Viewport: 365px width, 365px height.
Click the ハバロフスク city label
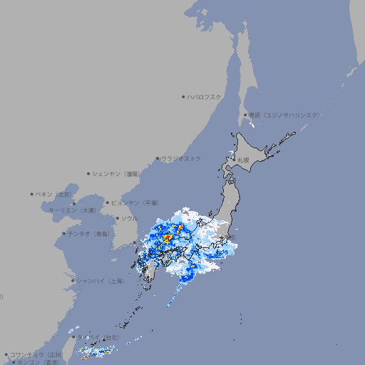[205, 96]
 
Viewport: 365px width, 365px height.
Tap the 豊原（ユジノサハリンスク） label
[284, 115]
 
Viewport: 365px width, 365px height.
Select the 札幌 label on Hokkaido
[244, 160]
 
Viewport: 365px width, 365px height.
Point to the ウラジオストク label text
[181, 158]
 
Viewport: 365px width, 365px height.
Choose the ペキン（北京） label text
[54, 194]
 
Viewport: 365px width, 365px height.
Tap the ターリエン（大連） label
[72, 210]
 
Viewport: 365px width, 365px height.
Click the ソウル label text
[129, 218]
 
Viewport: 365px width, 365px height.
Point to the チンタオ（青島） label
[88, 233]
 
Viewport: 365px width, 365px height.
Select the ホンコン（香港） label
[41, 362]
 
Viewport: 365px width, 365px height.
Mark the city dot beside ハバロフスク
[183, 96]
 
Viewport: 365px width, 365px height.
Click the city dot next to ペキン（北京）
[32, 194]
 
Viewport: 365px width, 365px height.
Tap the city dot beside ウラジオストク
[158, 159]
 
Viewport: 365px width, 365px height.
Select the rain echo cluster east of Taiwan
[96, 351]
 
